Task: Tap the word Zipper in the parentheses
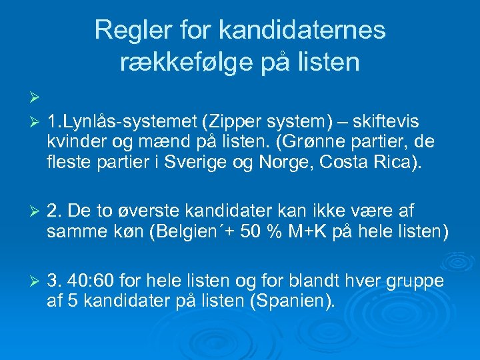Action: point(237,123)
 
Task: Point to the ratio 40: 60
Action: point(96,281)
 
